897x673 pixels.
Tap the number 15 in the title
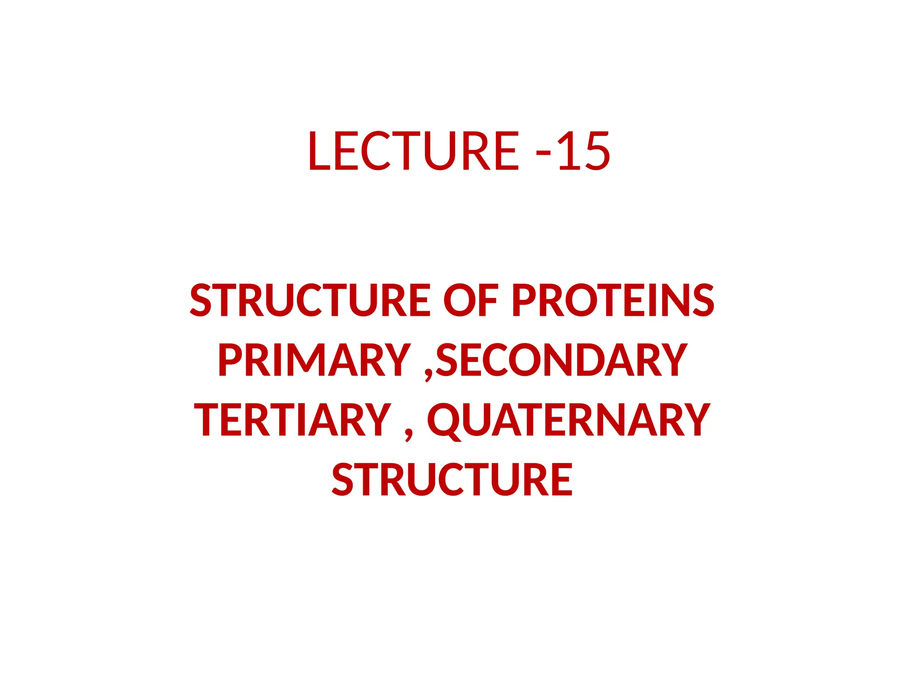[x=583, y=151]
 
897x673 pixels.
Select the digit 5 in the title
[x=597, y=151]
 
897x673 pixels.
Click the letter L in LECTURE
[x=319, y=151]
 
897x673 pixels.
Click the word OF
[x=471, y=300]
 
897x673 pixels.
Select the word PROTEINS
[x=613, y=300]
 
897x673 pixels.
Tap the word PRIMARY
[x=314, y=360]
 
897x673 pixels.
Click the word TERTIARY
[x=292, y=420]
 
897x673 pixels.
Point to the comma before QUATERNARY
[x=409, y=434]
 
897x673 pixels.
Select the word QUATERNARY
[x=568, y=420]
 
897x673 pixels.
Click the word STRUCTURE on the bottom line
[x=452, y=480]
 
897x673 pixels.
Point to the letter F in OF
[x=489, y=300]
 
